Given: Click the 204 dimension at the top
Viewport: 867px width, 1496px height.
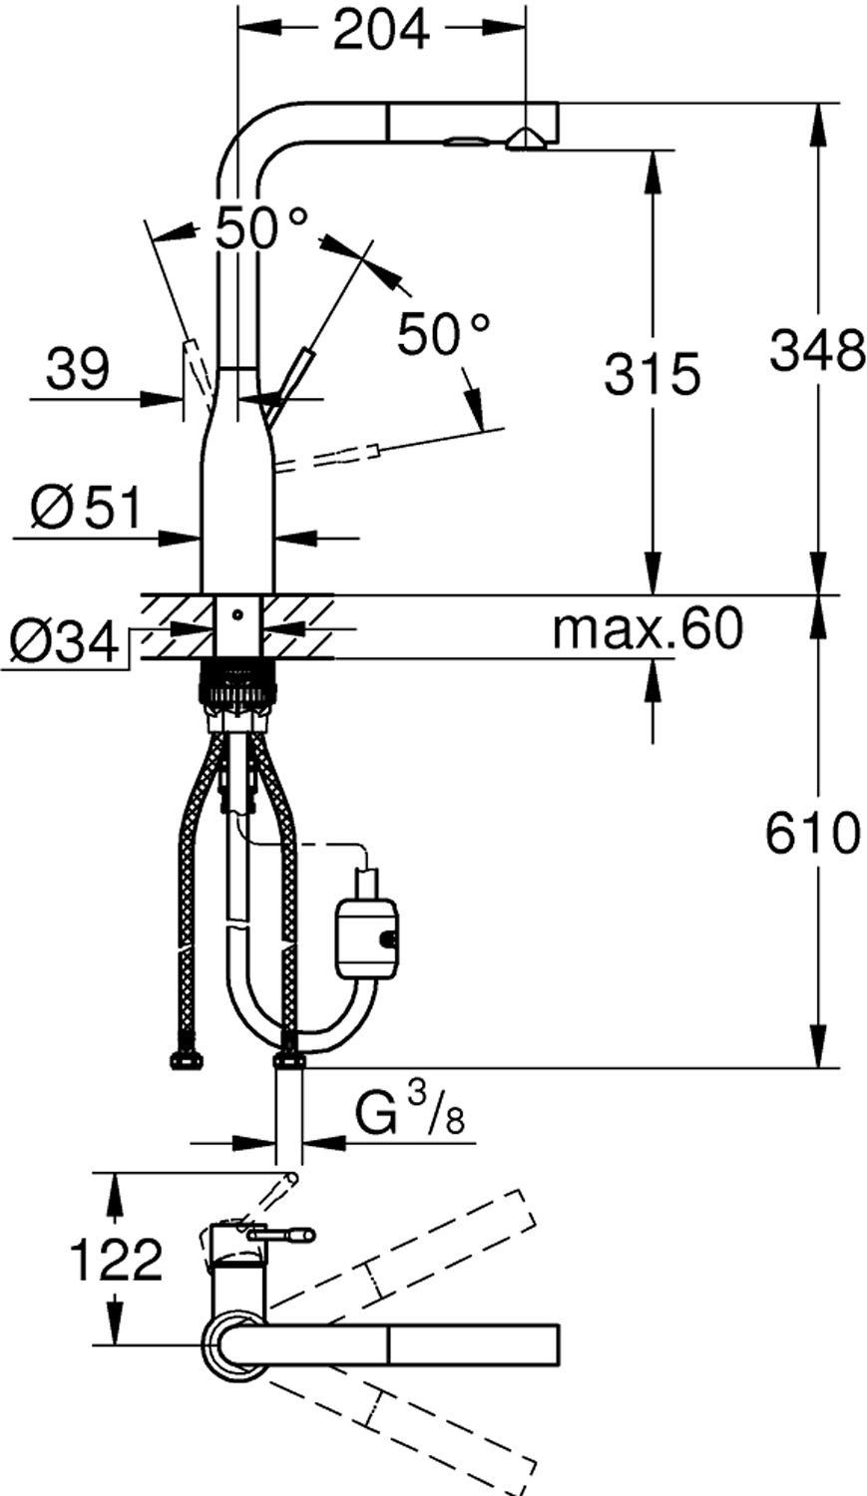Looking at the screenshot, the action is (381, 29).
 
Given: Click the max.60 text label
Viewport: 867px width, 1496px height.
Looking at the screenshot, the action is (648, 627).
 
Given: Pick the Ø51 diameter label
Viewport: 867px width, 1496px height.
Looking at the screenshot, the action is (87, 507).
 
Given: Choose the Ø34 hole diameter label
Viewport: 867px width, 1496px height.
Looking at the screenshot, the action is (65, 642).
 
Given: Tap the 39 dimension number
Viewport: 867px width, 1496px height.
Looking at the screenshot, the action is (77, 368).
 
